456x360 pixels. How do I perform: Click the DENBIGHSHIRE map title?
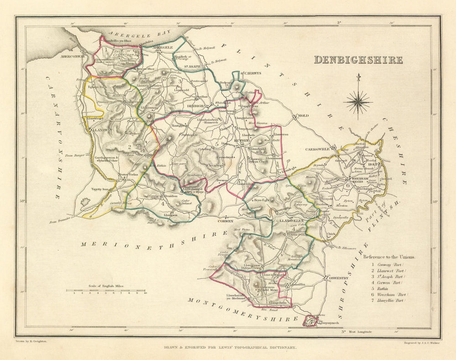(358, 60)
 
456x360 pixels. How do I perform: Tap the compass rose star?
(358, 102)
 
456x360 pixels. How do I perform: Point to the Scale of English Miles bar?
(105, 290)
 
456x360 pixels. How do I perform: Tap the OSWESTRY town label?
(338, 278)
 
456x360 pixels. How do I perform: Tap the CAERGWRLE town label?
(318, 149)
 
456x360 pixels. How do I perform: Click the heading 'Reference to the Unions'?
(389, 257)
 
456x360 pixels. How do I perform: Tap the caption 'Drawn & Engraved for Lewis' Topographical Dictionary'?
(230, 348)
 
